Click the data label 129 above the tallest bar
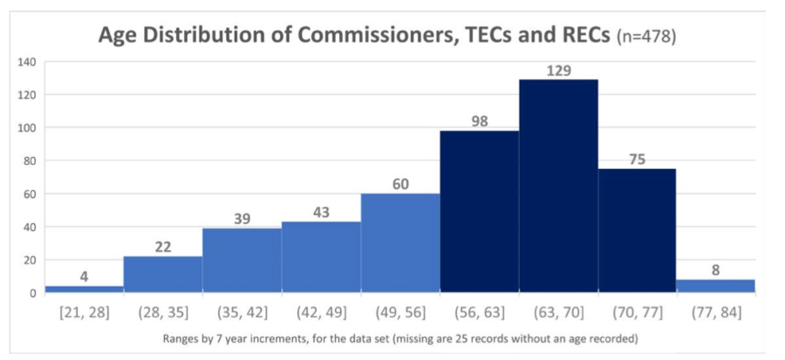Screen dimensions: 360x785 (557, 70)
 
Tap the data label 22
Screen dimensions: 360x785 (163, 248)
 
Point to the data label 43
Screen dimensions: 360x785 (321, 212)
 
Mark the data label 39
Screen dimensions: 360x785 (242, 219)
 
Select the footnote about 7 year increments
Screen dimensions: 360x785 (399, 337)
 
